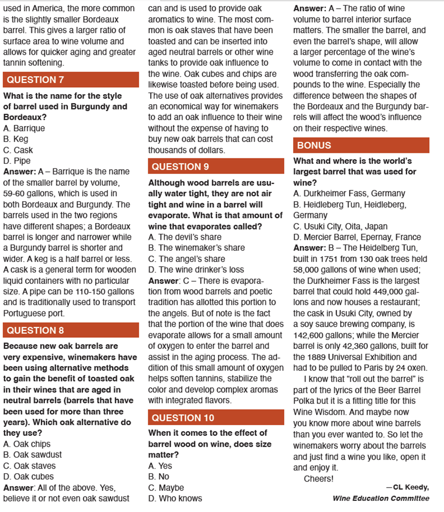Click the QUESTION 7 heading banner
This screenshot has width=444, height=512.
pyautogui.click(x=71, y=80)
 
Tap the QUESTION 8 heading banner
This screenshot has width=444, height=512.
pyautogui.click(x=71, y=330)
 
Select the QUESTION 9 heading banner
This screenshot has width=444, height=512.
pyautogui.click(x=216, y=166)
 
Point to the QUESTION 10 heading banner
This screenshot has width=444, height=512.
pyautogui.click(x=216, y=418)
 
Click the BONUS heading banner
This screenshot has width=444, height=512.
pyautogui.click(x=361, y=145)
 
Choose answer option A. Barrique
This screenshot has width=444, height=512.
pyautogui.click(x=24, y=128)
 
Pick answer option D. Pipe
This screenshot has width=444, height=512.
pyautogui.click(x=17, y=161)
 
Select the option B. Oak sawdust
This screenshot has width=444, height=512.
pyautogui.click(x=33, y=455)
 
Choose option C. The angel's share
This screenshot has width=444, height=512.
pyautogui.click(x=186, y=259)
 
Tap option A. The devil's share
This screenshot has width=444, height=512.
pyautogui.click(x=185, y=237)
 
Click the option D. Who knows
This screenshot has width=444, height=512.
pyautogui.click(x=175, y=498)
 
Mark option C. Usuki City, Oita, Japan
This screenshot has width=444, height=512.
pyautogui.click(x=340, y=226)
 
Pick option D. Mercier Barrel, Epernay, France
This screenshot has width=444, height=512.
pyautogui.click(x=357, y=237)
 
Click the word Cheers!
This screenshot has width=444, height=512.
pyautogui.click(x=319, y=479)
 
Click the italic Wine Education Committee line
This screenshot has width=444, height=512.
pyautogui.click(x=381, y=498)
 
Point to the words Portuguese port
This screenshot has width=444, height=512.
pyautogui.click(x=34, y=313)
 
